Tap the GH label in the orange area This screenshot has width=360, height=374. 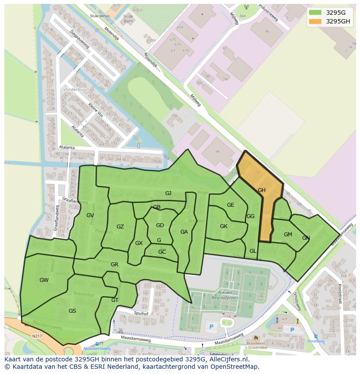(262, 190)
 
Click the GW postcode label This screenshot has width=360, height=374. (44, 280)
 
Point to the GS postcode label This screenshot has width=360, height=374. (72, 311)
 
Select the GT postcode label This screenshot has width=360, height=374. (115, 300)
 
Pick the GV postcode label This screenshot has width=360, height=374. (90, 215)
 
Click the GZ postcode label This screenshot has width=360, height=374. (120, 227)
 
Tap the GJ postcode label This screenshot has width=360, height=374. (168, 193)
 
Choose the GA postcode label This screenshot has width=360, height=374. (184, 232)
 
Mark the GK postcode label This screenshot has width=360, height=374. (223, 226)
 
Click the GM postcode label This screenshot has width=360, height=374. (288, 235)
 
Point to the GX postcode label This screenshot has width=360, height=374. (139, 243)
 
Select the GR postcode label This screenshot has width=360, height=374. (115, 265)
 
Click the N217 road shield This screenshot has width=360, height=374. (37, 336)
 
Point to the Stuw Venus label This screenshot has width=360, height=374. (98, 15)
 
